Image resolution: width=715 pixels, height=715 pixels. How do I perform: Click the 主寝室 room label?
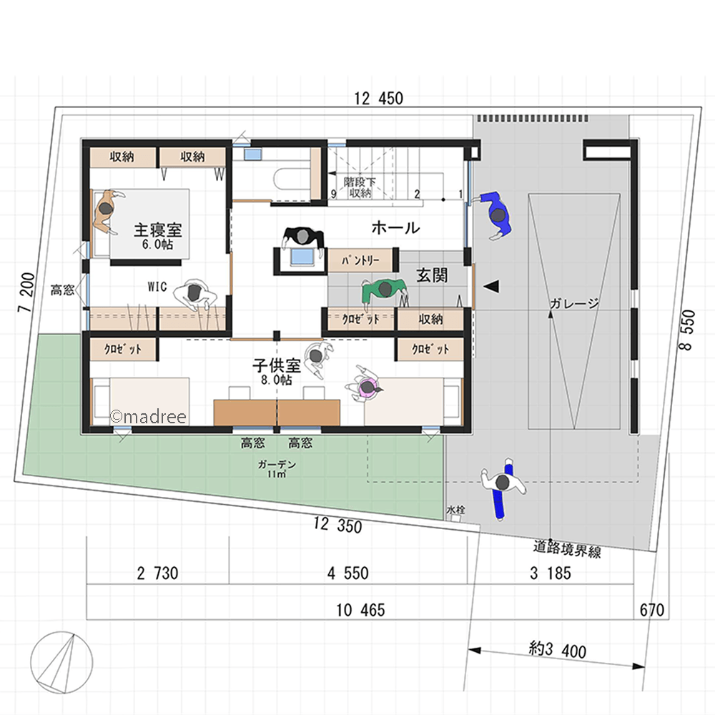tap(158, 230)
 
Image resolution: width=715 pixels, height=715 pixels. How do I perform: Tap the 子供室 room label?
tap(277, 365)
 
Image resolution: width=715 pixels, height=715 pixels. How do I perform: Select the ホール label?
tap(395, 227)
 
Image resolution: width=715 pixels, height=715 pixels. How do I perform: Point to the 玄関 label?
tap(432, 275)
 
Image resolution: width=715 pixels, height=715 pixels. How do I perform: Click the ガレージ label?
tap(574, 303)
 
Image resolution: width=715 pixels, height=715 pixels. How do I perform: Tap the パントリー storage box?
tap(360, 260)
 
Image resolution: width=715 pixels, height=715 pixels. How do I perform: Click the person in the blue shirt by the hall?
tap(495, 214)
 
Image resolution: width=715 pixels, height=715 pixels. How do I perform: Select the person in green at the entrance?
tap(384, 291)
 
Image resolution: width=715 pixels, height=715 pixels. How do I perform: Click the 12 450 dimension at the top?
tap(378, 99)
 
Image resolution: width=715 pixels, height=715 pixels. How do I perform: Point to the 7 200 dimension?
tap(26, 292)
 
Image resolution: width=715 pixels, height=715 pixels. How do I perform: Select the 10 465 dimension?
tap(360, 610)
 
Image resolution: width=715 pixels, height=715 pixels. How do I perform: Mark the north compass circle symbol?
tap(61, 663)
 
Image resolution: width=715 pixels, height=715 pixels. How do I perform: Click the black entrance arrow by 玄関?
tap(491, 287)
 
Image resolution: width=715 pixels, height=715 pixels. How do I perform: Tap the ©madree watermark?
tap(148, 417)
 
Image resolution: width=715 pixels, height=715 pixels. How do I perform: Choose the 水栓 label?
tap(455, 510)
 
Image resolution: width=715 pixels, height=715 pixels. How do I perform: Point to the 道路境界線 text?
tap(567, 548)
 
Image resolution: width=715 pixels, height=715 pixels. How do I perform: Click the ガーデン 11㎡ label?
tap(277, 469)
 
